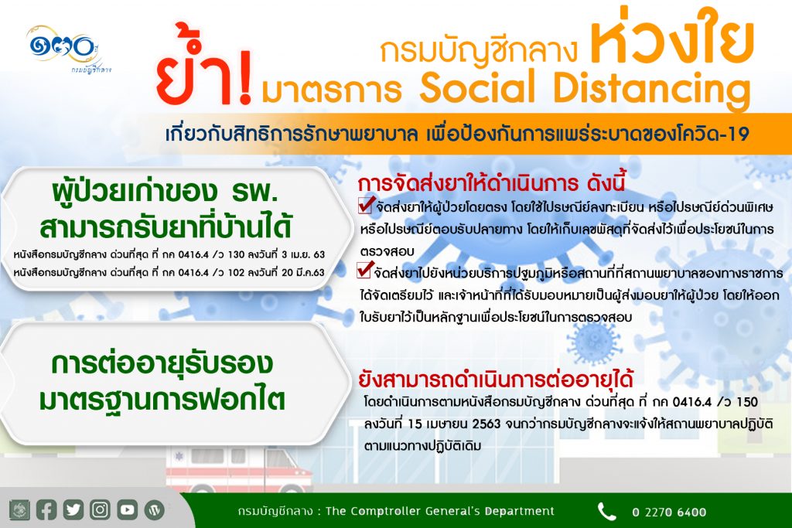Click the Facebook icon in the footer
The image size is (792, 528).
point(46,509)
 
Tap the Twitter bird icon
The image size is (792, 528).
point(73,509)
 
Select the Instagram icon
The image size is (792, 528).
point(100,509)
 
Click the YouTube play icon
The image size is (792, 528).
point(128,509)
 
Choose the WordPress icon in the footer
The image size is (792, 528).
point(155,510)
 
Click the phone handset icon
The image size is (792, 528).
point(606,511)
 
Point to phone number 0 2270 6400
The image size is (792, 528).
point(669,513)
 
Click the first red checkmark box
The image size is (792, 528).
point(366,205)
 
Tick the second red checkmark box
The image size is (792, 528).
point(365,270)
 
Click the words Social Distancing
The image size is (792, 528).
point(585,88)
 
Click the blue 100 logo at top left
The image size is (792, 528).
point(62,48)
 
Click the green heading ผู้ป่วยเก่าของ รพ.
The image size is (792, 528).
point(166,192)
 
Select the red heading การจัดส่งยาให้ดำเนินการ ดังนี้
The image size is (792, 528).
point(491,183)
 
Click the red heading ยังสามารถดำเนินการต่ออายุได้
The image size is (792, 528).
point(496,379)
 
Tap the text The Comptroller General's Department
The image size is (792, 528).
point(440,511)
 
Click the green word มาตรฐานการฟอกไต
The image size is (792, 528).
point(162,400)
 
